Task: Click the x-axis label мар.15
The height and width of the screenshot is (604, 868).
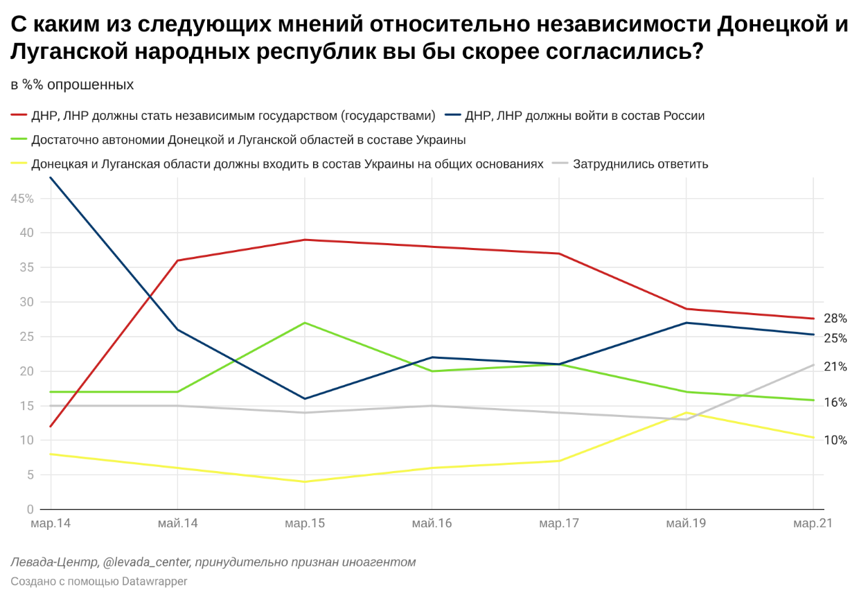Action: pyautogui.click(x=305, y=524)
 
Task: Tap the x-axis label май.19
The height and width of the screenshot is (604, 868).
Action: pyautogui.click(x=686, y=524)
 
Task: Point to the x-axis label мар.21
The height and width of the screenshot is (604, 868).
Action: pyautogui.click(x=813, y=524)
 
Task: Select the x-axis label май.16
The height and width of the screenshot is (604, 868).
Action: pyautogui.click(x=432, y=524)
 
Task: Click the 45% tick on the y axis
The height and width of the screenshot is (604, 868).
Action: pyautogui.click(x=22, y=199)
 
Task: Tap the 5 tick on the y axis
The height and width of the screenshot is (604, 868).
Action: pyautogui.click(x=30, y=475)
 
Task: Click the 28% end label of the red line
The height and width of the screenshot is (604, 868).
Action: pyautogui.click(x=835, y=319)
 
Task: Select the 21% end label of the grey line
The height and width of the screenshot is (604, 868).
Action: pyautogui.click(x=835, y=366)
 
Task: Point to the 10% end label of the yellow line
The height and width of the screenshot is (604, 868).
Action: pyautogui.click(x=835, y=440)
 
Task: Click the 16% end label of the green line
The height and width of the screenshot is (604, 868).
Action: pyautogui.click(x=835, y=402)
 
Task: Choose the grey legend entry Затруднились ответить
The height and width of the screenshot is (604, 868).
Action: pyautogui.click(x=640, y=164)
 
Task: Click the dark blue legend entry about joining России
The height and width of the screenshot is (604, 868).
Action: pyautogui.click(x=585, y=116)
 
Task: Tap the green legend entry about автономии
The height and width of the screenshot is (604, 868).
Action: pyautogui.click(x=248, y=140)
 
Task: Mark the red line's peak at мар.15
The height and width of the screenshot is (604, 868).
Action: pyautogui.click(x=305, y=240)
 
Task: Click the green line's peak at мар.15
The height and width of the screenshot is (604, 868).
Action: pyautogui.click(x=305, y=323)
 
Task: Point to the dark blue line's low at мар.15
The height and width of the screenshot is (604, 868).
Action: pyautogui.click(x=305, y=399)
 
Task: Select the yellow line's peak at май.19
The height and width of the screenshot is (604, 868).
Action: pyautogui.click(x=686, y=413)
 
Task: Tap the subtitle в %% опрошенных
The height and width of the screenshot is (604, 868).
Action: pyautogui.click(x=72, y=85)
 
